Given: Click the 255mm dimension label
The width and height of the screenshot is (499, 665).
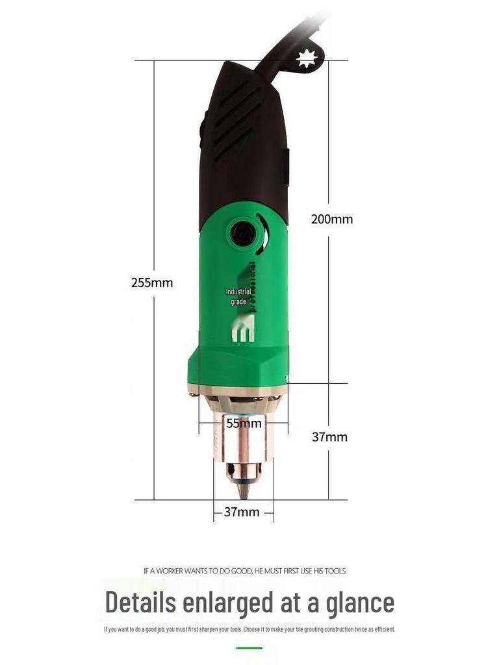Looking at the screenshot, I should coord(152,282).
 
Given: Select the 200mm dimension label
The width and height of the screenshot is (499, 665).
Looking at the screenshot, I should coord(332,219).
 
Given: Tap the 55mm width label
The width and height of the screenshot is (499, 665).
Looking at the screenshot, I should coord(244,423).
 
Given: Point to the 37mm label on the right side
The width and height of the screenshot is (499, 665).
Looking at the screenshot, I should coord(329,437).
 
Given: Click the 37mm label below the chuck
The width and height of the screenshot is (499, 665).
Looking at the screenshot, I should coord(242,512).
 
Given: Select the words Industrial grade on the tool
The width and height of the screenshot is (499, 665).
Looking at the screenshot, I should coord(238,297).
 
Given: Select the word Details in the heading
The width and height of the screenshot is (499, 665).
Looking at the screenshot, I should coord(141,602).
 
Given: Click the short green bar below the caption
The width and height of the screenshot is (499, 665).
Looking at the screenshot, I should coord(249,647).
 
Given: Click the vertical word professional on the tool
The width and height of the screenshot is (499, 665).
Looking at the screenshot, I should coord(253,287).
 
